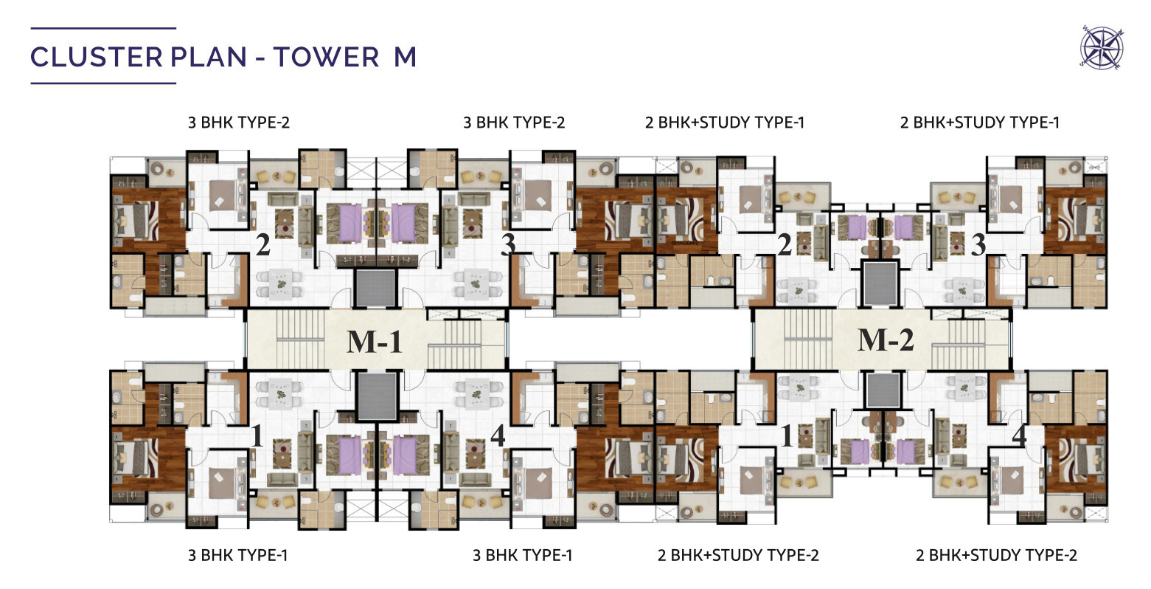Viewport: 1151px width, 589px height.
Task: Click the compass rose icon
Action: point(1102,48)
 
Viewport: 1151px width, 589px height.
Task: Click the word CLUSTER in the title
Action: point(97,57)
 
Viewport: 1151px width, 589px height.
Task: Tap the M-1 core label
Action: point(374,341)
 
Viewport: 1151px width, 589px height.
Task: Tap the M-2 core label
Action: point(886,340)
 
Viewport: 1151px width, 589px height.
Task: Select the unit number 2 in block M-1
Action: point(263,244)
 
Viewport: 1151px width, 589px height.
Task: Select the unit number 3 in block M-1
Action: point(508,244)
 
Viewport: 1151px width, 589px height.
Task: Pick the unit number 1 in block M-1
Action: point(257,436)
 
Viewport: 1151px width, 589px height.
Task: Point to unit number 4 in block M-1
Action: point(498,436)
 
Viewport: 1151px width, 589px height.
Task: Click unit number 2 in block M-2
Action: point(784,244)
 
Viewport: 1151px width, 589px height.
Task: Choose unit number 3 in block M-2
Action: point(978,244)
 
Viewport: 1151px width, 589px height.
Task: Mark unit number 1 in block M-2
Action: point(787,436)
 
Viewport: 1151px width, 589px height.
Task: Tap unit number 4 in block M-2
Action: point(1020,436)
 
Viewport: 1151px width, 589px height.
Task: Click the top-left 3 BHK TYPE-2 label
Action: point(239,123)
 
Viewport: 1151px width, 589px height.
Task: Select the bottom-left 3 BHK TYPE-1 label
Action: point(238,555)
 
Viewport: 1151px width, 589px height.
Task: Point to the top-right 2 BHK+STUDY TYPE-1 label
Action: point(980,123)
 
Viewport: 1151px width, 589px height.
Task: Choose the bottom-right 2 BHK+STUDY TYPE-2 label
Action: point(996,555)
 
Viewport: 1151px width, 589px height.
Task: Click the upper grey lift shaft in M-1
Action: point(375,287)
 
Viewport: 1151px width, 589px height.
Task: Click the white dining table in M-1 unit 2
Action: point(280,283)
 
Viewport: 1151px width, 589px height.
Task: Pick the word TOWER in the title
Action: point(326,57)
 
